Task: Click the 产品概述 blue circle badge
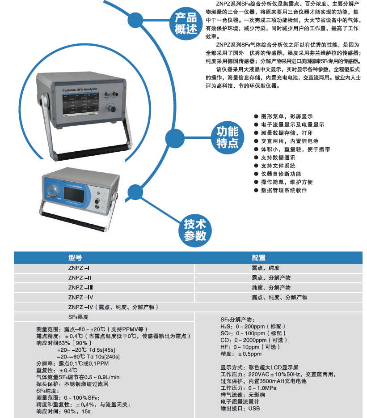(x=186, y=23)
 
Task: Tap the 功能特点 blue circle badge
(x=228, y=137)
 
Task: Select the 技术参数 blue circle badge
(x=195, y=230)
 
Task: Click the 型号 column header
(x=75, y=257)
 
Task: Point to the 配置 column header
(x=259, y=257)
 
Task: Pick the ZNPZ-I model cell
(x=79, y=268)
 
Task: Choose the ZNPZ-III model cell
(x=80, y=287)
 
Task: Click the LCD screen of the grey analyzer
(x=80, y=104)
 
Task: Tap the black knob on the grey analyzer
(x=113, y=109)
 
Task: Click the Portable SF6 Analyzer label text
(x=80, y=90)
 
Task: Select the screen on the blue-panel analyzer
(x=74, y=194)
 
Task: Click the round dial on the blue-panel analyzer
(x=52, y=191)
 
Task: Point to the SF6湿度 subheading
(x=78, y=317)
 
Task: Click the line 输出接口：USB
(x=240, y=409)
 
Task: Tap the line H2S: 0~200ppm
(x=253, y=326)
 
